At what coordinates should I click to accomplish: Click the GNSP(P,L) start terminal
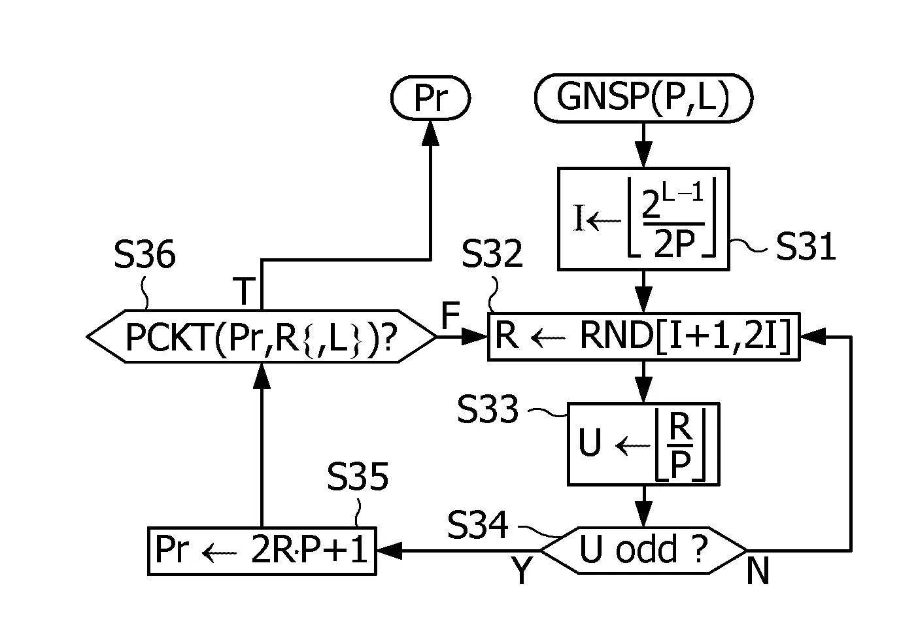point(643,98)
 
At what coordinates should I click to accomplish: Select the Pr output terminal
point(430,98)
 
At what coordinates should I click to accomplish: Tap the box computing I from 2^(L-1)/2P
point(643,219)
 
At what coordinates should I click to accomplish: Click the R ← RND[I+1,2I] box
point(643,336)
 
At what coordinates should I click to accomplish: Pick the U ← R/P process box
point(643,444)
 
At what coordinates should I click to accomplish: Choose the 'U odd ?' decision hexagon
point(643,551)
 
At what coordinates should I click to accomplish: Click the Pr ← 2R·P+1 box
point(262,551)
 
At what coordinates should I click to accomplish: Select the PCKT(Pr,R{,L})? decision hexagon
point(262,336)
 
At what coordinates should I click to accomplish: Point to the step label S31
point(806,247)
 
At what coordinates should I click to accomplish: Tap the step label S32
point(492,254)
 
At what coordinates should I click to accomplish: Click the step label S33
point(488,409)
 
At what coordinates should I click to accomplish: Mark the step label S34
point(477,524)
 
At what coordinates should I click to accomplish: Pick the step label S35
point(358,476)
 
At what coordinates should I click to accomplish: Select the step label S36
point(144,254)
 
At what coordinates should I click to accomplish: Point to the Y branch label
point(521,570)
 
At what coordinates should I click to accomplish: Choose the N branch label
point(758,571)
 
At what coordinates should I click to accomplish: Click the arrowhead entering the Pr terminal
point(430,133)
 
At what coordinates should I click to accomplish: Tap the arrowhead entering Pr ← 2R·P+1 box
point(390,551)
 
